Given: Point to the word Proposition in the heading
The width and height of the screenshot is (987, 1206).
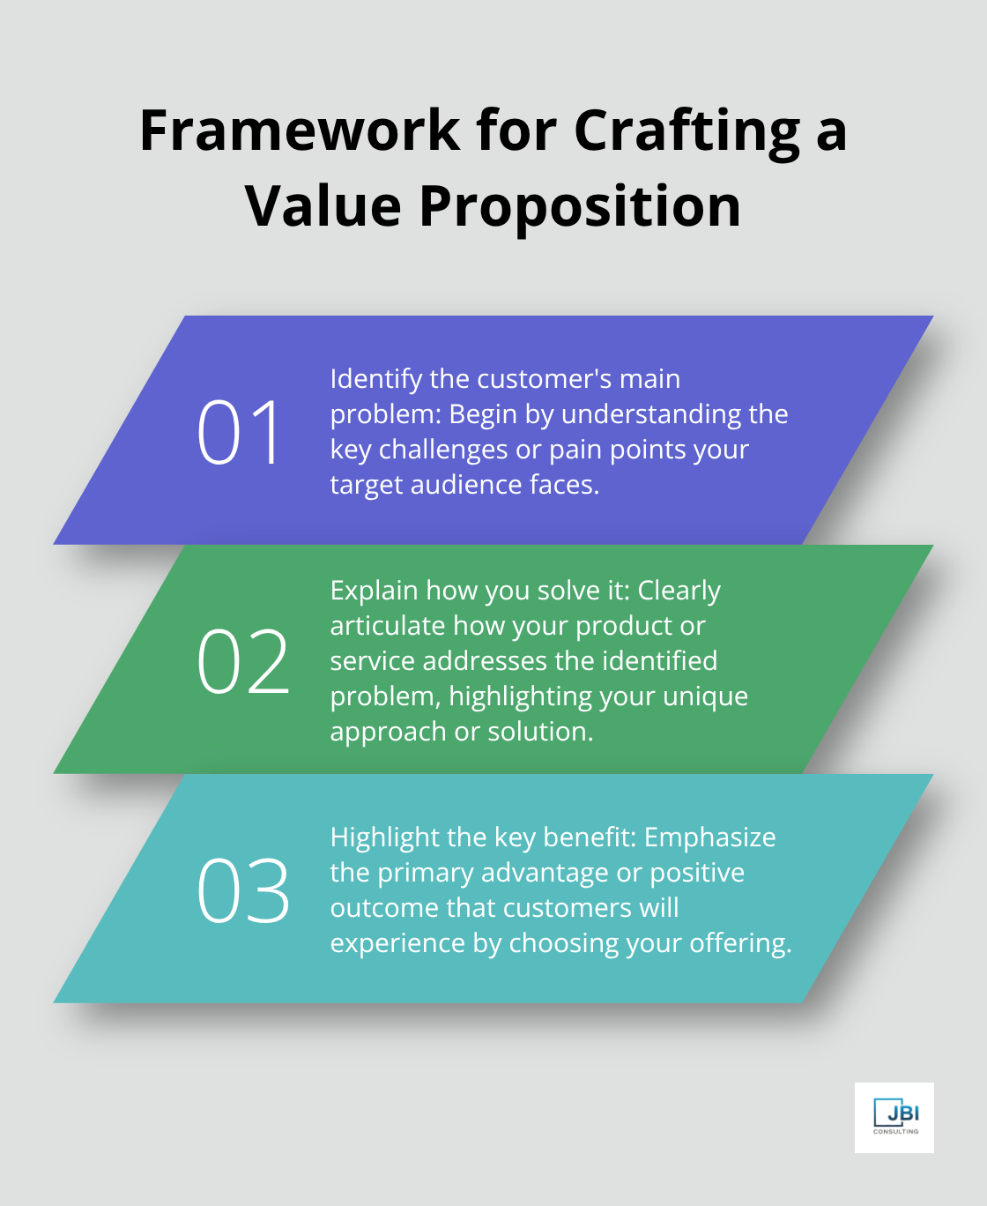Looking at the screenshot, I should click(580, 208).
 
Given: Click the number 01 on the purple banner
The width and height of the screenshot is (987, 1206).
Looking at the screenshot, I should click(239, 432).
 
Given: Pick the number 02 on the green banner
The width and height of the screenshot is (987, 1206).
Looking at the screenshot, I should click(242, 661).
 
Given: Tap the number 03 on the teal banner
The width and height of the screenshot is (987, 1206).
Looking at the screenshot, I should click(242, 891).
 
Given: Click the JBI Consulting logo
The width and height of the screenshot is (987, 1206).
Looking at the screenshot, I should click(894, 1117).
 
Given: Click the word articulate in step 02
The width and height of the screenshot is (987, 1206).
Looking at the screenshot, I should click(387, 626).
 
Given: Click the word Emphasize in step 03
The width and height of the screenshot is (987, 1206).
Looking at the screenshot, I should click(709, 837).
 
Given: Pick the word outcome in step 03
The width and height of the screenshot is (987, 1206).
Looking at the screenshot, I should click(385, 908).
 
